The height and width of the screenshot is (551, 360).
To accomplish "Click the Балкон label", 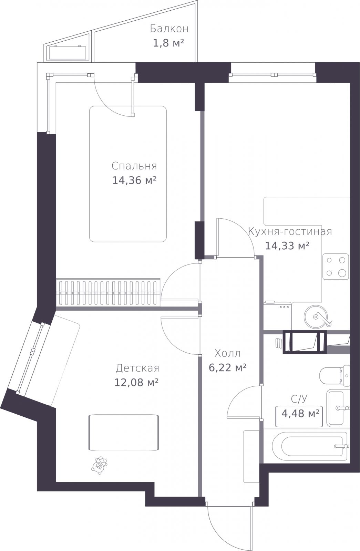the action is click(169, 29).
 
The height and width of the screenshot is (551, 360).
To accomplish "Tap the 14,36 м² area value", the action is click(134, 180).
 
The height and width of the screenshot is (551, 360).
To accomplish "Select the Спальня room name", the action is click(134, 166).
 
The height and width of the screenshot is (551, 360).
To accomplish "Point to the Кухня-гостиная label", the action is click(290, 231).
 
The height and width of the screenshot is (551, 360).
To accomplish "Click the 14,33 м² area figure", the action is click(287, 246).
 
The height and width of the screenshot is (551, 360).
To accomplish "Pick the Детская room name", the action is click(137, 368).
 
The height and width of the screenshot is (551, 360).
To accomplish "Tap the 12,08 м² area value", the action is click(136, 383).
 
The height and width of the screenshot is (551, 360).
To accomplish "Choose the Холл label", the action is click(227, 353).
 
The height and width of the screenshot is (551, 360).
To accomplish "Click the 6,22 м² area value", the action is click(228, 368).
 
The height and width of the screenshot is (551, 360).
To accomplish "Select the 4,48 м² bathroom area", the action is click(300, 414).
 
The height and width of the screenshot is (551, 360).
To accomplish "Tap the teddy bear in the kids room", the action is click(99, 465).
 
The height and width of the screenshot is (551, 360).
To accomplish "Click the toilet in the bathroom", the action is click(335, 376).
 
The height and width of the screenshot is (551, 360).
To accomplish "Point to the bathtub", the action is click(310, 446).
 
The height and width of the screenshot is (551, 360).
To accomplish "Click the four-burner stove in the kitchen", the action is click(336, 267).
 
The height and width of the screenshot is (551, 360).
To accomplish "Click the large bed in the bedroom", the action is click(128, 174).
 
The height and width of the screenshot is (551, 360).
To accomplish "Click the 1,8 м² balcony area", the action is click(168, 43).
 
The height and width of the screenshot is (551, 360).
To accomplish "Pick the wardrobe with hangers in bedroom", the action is click(108, 292).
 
